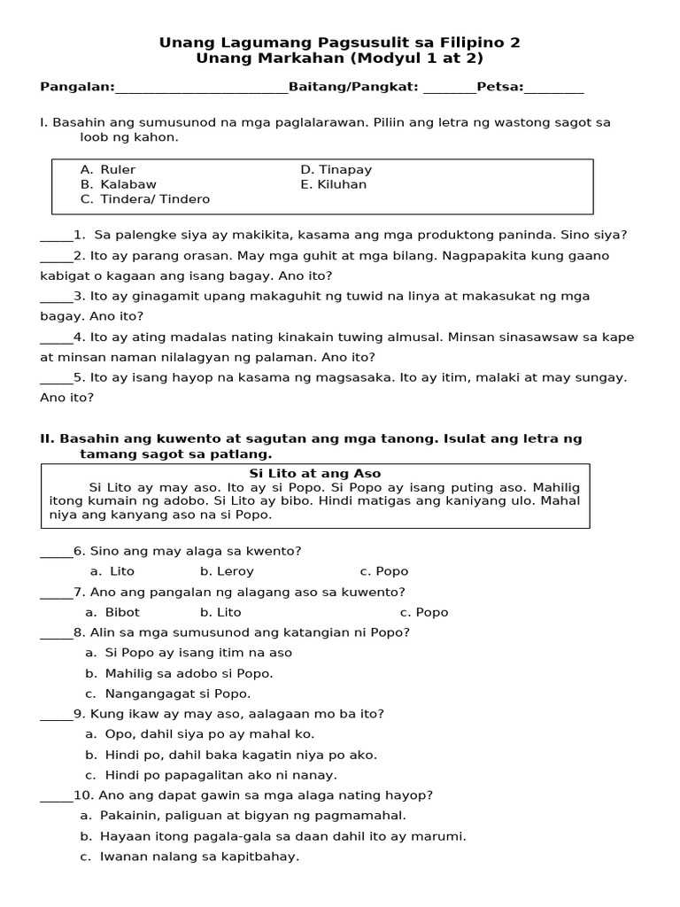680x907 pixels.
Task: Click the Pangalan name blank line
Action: coord(202,88)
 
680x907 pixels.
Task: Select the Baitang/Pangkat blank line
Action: coord(450,88)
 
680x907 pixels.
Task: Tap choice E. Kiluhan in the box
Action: coord(334,184)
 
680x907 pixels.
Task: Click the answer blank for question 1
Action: coord(57,236)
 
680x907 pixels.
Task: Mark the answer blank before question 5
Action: coord(57,377)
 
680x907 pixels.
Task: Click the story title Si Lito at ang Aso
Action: coord(315,474)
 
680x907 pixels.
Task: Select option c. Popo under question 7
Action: coord(424,612)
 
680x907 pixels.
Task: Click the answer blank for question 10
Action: coord(57,795)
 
